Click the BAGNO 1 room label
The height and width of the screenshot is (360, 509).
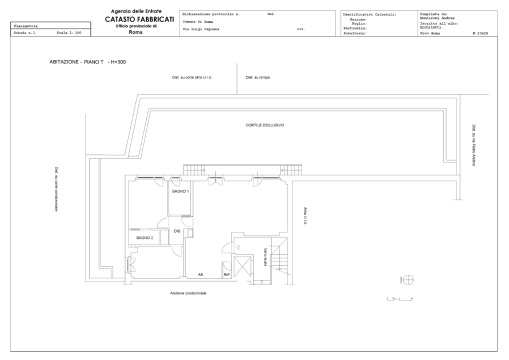180,191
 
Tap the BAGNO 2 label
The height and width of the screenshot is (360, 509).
144,237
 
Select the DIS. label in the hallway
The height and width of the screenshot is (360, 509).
177,231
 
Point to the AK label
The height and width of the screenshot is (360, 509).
200,274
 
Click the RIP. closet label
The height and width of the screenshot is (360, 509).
226,275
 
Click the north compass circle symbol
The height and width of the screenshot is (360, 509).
408,279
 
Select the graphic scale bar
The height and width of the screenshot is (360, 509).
399,298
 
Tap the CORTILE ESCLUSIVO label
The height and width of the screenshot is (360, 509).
264,125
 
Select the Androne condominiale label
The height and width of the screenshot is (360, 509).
188,293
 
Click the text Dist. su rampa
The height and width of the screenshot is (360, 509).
258,77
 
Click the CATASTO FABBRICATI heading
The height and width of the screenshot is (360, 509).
139,19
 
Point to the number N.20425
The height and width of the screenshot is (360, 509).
480,33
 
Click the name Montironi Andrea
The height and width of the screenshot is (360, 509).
437,18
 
